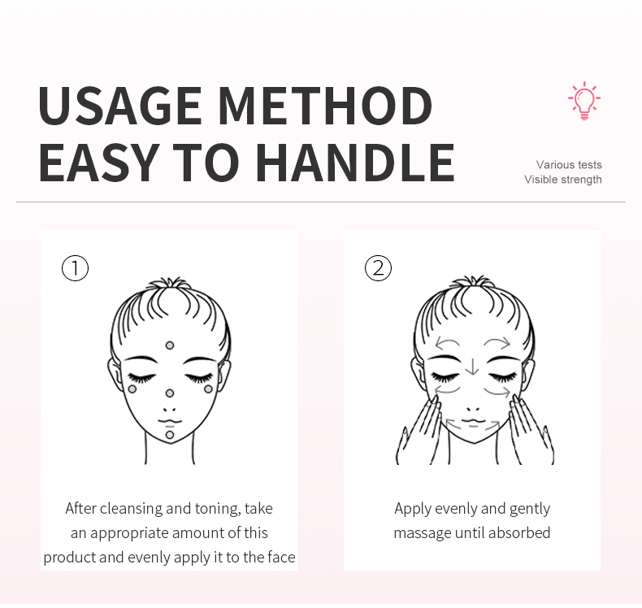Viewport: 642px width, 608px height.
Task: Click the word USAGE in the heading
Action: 119,106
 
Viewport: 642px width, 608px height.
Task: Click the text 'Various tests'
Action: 569,165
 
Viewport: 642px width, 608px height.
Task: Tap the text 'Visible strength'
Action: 563,180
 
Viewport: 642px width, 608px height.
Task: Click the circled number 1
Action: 75,267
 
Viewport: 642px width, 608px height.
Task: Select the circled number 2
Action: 378,267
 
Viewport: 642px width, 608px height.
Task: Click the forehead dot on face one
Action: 170,345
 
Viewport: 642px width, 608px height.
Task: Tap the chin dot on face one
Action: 170,435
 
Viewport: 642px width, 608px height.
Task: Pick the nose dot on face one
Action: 170,393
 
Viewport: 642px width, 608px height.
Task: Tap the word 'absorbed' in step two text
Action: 520,533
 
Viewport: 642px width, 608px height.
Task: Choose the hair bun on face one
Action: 170,284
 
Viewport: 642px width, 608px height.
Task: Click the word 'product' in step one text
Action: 70,558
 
